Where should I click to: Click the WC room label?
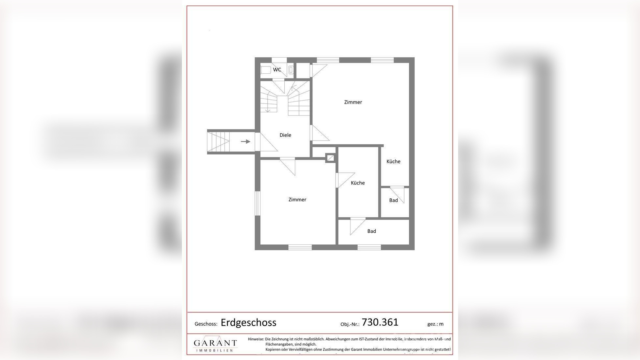[x=277, y=70]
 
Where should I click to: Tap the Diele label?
[x=285, y=135]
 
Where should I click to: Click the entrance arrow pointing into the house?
[x=245, y=141]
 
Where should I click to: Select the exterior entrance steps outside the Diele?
[x=218, y=141]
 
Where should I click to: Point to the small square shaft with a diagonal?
[x=330, y=158]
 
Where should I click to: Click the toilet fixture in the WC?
[x=266, y=70]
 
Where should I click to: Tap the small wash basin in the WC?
[x=291, y=70]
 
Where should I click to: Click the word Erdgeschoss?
[x=248, y=323]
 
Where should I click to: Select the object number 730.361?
[x=380, y=322]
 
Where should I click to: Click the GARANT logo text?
[x=215, y=343]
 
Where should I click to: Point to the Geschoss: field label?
[x=206, y=324]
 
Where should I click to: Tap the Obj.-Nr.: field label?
[x=350, y=324]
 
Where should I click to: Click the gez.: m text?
[x=435, y=324]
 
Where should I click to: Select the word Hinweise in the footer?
[x=256, y=339]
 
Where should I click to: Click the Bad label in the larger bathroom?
[x=372, y=231]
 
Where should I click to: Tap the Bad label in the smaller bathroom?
[x=394, y=200]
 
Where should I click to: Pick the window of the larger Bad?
[x=369, y=247]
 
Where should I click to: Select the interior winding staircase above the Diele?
[x=285, y=97]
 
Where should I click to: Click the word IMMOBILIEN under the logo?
[x=215, y=351]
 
